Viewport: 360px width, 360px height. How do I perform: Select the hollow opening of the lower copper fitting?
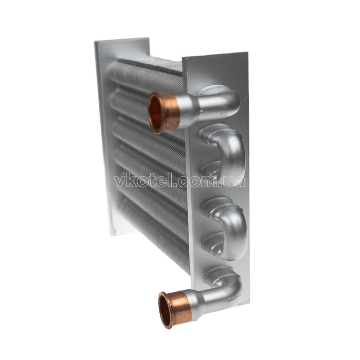(x=165, y=311)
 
